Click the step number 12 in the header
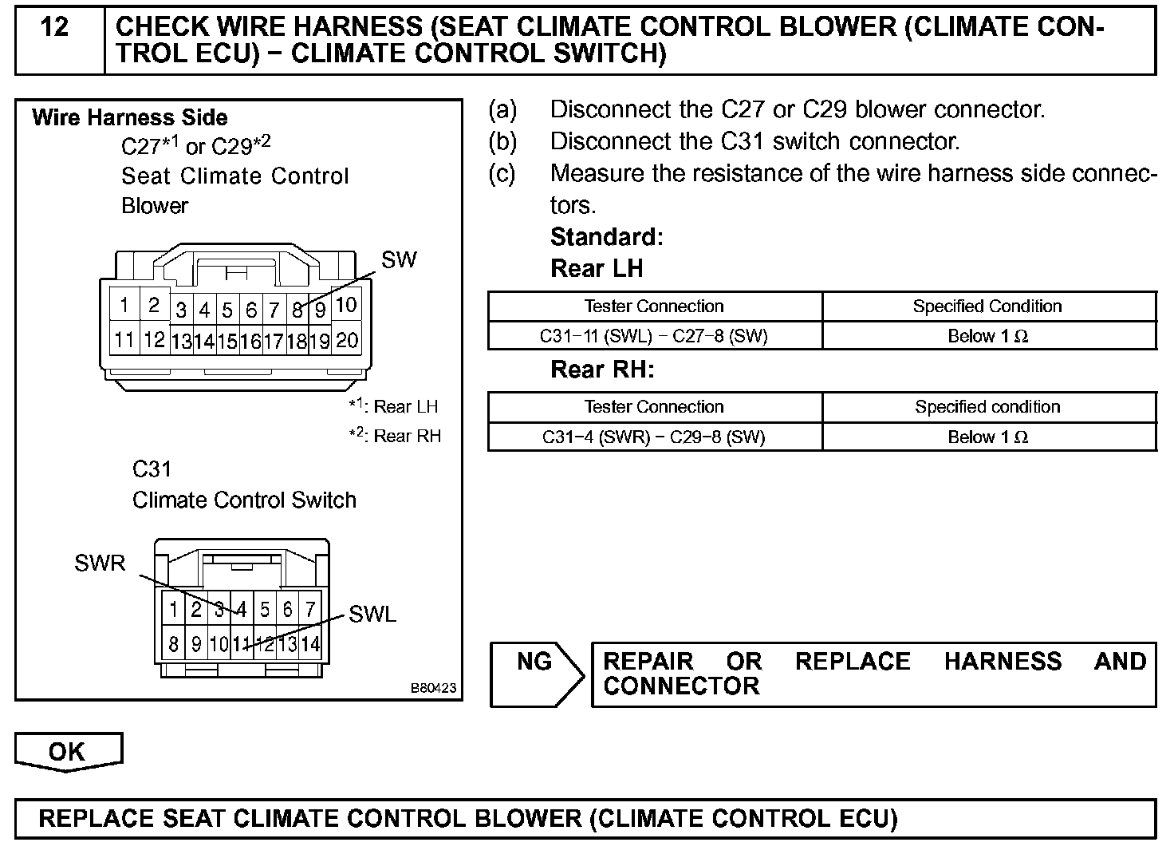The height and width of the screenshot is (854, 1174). [x=54, y=28]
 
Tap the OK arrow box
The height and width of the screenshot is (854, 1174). [x=68, y=752]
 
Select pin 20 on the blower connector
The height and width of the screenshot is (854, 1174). [x=347, y=341]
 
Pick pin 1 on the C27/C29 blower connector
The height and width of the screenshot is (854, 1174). [x=124, y=305]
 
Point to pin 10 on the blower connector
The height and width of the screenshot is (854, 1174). [x=346, y=305]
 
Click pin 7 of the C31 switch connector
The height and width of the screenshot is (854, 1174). [x=310, y=610]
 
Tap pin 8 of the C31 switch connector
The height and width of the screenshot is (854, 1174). [x=173, y=643]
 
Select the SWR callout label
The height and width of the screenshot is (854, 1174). [x=100, y=563]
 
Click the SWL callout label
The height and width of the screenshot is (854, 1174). [x=372, y=615]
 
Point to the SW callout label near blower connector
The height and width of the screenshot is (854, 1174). [x=399, y=260]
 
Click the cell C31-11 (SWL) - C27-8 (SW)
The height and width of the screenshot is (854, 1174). [x=654, y=337]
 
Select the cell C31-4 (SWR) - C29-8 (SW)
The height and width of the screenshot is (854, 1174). [x=654, y=437]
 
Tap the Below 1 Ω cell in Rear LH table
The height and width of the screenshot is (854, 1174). [x=988, y=337]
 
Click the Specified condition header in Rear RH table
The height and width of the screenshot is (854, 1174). [x=988, y=407]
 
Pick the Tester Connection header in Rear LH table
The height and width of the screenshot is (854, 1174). [x=654, y=306]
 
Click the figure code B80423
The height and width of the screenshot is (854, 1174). [x=434, y=688]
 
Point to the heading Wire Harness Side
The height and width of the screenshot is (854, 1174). [x=130, y=118]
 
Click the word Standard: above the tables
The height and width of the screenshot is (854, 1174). [x=607, y=237]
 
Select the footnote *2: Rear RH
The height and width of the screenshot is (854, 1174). [x=395, y=436]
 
